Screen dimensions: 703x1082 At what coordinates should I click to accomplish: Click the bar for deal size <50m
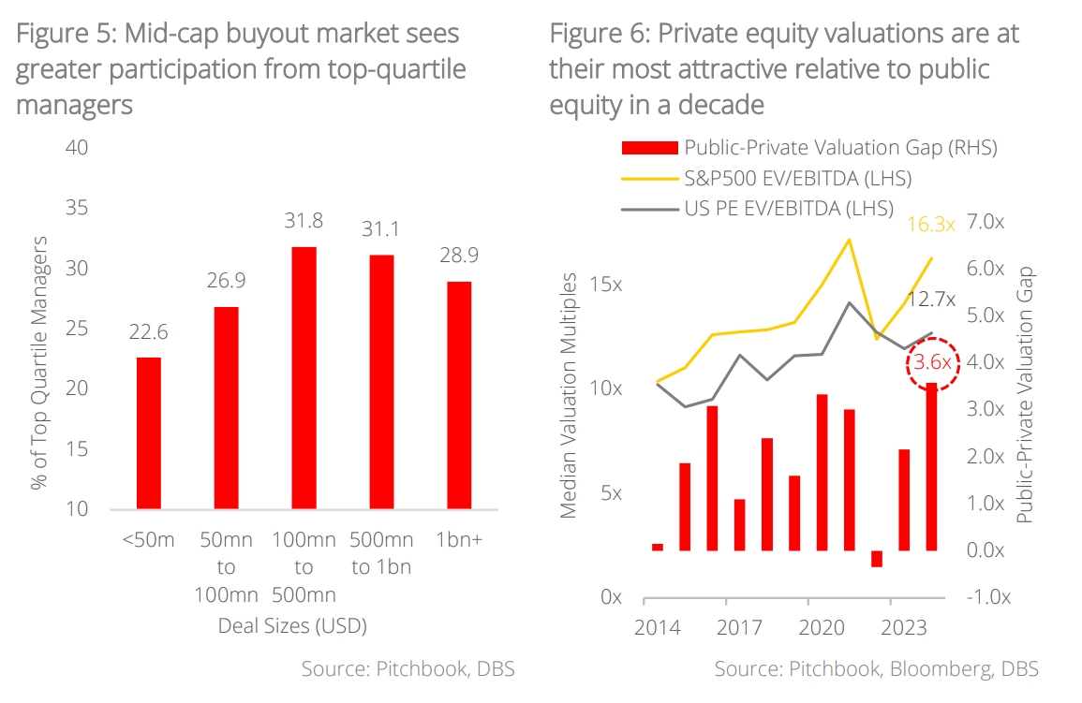(149, 433)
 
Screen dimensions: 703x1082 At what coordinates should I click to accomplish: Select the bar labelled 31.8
(304, 378)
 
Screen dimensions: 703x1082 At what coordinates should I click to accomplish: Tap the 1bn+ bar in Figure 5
(459, 395)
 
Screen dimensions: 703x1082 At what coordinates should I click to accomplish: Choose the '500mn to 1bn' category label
(381, 553)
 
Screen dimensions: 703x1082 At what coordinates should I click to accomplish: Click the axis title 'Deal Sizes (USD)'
(291, 625)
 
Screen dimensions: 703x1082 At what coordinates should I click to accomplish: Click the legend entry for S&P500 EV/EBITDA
(797, 178)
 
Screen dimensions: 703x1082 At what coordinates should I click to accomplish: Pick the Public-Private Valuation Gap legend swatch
(648, 148)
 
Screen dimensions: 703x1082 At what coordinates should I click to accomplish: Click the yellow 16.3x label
(930, 225)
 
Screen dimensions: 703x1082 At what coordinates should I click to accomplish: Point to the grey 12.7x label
(931, 300)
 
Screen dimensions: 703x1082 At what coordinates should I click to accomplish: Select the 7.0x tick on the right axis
(986, 222)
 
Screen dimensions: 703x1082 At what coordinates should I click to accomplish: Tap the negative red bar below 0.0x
(877, 559)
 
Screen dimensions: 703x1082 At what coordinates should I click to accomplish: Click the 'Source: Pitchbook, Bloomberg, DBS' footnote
(876, 669)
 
